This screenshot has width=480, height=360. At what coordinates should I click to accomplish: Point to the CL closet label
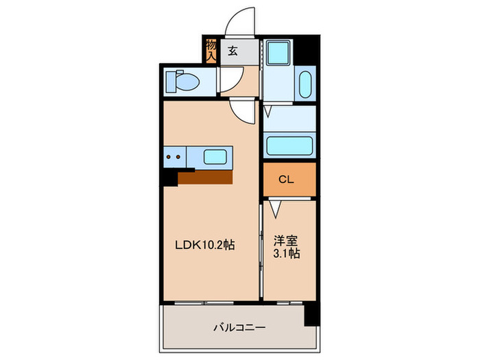coord(287,180)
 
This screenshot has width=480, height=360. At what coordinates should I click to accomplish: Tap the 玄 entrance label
coord(232,50)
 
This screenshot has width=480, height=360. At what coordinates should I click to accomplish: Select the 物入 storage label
coord(211,49)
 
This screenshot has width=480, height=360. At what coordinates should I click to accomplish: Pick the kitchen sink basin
coord(215,157)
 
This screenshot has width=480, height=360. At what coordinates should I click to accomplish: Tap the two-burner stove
coord(173,157)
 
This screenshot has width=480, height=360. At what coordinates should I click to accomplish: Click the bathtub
coord(289,145)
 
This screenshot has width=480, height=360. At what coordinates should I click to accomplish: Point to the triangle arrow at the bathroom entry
coord(268,110)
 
